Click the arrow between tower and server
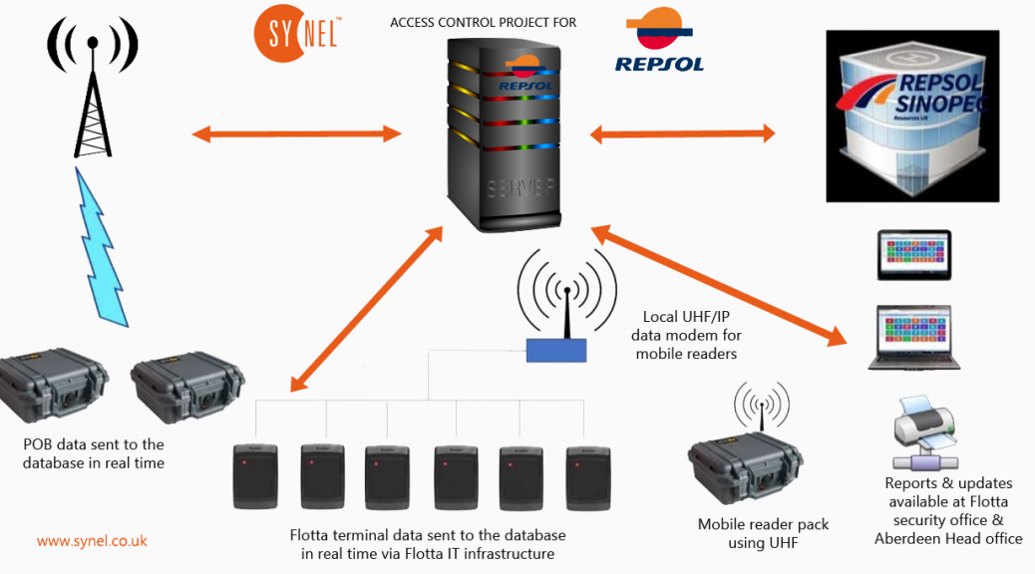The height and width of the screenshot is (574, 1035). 296,133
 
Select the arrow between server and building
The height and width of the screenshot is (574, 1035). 683,133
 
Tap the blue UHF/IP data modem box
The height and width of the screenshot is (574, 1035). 557,349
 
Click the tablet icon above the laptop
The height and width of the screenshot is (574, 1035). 913,255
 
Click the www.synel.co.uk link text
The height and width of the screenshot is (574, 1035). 92,541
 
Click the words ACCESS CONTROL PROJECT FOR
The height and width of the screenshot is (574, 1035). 484,22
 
